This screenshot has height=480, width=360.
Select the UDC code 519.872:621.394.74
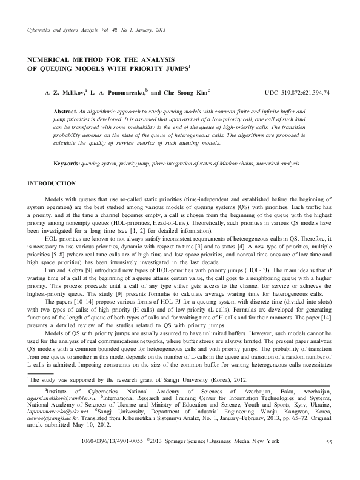[x=301, y=93]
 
